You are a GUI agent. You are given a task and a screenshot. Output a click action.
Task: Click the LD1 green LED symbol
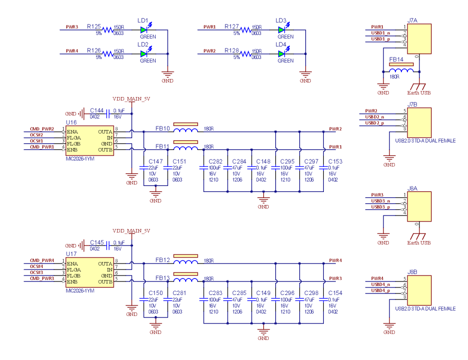click(144, 30)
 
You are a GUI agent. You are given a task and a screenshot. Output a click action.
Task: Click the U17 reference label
click(72, 254)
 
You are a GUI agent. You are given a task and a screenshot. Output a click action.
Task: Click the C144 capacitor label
click(97, 110)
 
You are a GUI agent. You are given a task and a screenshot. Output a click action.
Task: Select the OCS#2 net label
click(37, 135)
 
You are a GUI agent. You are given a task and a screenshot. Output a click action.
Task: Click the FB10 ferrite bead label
click(163, 128)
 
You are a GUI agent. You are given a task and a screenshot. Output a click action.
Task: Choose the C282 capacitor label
click(215, 161)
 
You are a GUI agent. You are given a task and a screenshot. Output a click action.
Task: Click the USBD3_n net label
click(377, 200)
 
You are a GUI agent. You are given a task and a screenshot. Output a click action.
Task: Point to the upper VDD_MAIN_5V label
click(131, 99)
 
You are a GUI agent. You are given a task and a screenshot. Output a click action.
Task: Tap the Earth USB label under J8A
click(418, 243)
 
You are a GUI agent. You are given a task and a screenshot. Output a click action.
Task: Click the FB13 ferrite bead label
click(163, 278)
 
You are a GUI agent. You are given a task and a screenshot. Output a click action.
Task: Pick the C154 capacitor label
click(335, 293)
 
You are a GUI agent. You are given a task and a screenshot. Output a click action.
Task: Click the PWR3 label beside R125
click(72, 27)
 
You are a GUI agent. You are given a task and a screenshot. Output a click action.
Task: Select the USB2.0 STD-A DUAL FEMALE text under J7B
click(425, 141)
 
